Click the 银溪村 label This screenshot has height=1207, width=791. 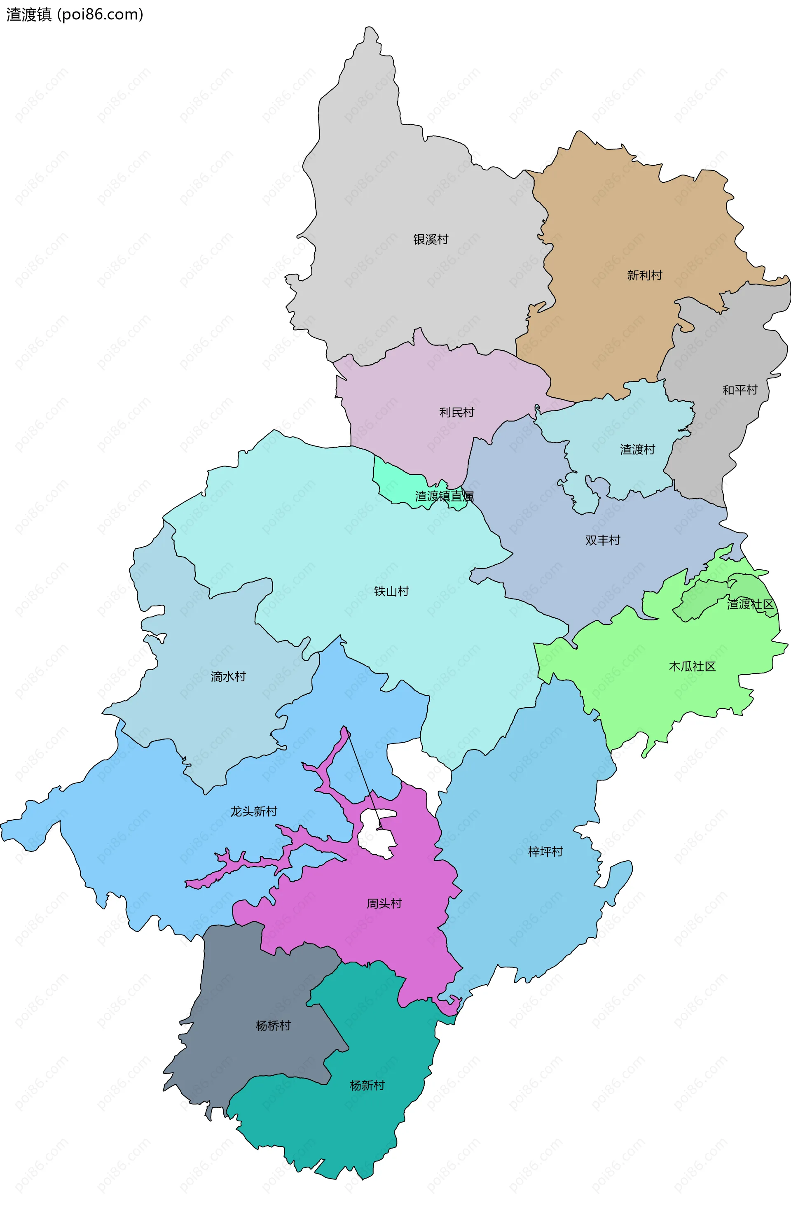[x=431, y=239]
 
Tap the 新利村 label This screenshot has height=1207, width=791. [x=644, y=275]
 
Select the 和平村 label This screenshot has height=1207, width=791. [x=740, y=390]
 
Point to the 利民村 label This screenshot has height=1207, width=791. [x=456, y=412]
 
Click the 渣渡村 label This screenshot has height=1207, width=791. [x=637, y=449]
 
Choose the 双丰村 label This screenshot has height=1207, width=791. [x=602, y=540]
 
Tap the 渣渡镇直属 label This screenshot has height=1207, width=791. [x=445, y=496]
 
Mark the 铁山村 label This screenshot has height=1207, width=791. [x=391, y=591]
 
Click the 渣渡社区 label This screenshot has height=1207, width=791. [x=750, y=604]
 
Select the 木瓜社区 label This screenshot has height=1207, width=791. [x=692, y=666]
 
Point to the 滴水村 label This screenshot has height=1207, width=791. [x=228, y=676]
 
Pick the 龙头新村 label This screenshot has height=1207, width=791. [x=254, y=811]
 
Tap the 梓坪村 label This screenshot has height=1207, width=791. [x=545, y=851]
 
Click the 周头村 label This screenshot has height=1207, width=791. [x=384, y=903]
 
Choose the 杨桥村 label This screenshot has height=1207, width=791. [x=273, y=1026]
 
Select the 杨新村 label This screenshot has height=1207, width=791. [x=367, y=1085]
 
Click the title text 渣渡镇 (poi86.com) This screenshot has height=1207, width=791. [x=75, y=14]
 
